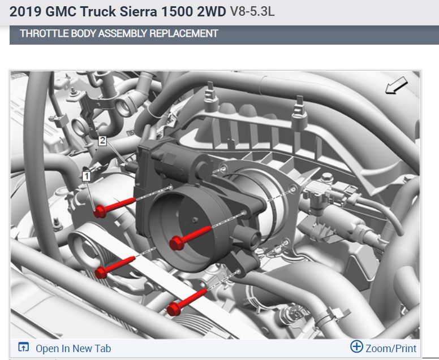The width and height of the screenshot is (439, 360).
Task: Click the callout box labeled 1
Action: (86, 176)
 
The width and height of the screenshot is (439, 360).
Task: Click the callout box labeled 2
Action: (102, 140)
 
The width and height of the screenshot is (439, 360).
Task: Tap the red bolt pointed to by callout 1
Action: (115, 207)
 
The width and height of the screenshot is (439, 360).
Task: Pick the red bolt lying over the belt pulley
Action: (115, 267)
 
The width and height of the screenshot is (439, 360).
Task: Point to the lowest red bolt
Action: (187, 303)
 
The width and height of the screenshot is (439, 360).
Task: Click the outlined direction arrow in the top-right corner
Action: (397, 85)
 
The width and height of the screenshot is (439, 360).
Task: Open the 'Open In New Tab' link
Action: (74, 349)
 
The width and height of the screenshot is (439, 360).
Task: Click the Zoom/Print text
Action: (391, 349)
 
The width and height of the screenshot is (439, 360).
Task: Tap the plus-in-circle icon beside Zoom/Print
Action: (356, 346)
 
